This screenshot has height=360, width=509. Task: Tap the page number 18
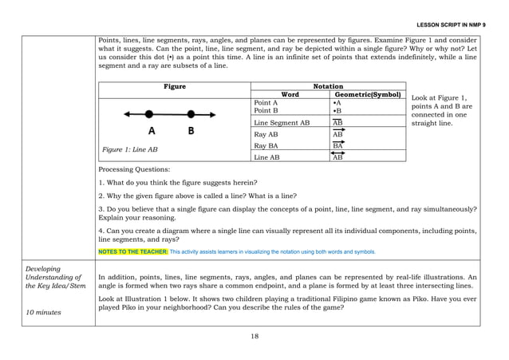click(254, 336)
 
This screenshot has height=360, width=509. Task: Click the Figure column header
click(174, 86)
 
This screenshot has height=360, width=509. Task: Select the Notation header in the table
click(328, 85)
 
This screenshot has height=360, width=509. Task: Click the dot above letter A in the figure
click(149, 115)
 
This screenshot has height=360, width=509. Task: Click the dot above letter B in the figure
click(190, 115)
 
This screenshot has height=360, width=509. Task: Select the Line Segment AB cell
click(281, 123)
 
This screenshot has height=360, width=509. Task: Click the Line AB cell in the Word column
click(266, 158)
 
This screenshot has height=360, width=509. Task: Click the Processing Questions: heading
click(134, 170)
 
